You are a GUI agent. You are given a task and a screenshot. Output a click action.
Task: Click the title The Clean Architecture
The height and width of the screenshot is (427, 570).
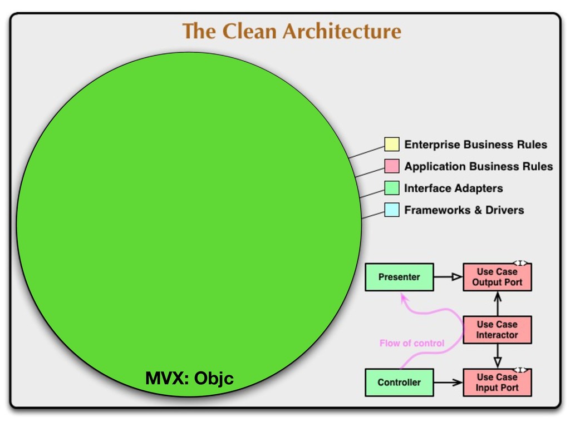[292, 31]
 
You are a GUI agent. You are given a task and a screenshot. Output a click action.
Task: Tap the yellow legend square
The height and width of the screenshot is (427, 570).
[392, 145]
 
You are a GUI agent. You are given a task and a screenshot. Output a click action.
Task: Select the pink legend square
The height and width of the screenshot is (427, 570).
[392, 166]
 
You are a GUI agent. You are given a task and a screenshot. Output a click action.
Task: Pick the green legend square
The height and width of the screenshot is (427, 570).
[392, 188]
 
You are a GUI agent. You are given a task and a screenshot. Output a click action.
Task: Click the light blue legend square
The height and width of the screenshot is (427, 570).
[392, 210]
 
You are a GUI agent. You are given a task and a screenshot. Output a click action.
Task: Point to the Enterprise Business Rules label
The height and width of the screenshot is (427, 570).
[475, 145]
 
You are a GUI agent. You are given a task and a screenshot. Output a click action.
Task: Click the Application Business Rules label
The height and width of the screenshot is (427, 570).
[478, 166]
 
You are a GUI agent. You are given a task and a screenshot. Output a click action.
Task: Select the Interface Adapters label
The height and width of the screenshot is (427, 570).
[453, 188]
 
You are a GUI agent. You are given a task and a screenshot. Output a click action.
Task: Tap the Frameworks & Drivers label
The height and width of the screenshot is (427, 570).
[464, 210]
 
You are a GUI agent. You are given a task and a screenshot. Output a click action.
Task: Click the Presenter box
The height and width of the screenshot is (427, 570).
[399, 277]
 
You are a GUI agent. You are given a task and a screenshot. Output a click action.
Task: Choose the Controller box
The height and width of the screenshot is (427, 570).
[399, 383]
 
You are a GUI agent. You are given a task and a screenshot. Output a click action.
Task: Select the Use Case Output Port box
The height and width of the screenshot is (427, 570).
[497, 277]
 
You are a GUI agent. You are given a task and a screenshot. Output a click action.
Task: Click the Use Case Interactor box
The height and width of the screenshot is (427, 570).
[497, 330]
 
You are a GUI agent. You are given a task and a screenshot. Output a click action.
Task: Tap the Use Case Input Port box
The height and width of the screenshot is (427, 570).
[497, 383]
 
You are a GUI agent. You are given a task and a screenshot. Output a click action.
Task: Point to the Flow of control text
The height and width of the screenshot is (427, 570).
[412, 343]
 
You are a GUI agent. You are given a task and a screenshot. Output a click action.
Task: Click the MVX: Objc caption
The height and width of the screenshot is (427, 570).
[189, 379]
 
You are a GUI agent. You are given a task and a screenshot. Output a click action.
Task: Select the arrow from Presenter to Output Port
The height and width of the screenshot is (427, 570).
[448, 277]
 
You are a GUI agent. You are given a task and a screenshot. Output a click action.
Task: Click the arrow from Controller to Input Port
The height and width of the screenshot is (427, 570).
[448, 383]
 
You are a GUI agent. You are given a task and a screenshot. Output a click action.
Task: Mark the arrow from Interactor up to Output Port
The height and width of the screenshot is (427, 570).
[498, 304]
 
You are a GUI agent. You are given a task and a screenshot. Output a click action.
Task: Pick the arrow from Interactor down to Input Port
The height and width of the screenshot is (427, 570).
[498, 356]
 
